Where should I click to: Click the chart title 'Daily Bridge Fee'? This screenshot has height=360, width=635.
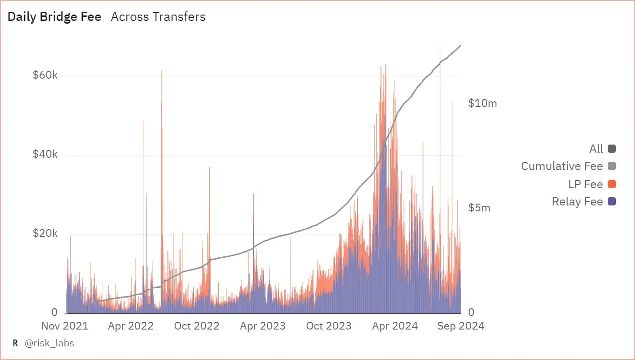(x=55, y=17)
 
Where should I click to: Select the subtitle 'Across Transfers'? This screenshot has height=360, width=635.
(x=158, y=17)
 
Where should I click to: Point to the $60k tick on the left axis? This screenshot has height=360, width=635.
(x=45, y=75)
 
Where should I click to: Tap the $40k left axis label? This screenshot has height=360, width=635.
(x=45, y=155)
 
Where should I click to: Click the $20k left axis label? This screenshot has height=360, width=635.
(x=45, y=234)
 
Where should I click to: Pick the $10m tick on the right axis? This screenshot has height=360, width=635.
(x=483, y=103)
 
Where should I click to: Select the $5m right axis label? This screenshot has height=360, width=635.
(x=479, y=208)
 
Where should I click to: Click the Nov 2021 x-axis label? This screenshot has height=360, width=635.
(x=65, y=326)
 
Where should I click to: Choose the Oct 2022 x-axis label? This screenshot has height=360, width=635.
(x=197, y=326)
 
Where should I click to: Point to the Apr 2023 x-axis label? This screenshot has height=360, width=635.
(x=262, y=326)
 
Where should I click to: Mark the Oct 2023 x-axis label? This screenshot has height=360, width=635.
(x=328, y=326)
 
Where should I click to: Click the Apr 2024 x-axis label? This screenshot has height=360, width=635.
(x=395, y=326)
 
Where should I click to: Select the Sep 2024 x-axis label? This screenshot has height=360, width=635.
(x=461, y=326)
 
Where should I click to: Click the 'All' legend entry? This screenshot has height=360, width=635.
(x=596, y=149)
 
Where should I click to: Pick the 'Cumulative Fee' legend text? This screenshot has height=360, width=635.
(x=562, y=166)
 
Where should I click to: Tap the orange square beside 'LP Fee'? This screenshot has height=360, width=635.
(x=612, y=184)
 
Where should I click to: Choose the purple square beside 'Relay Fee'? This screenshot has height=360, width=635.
(x=612, y=201)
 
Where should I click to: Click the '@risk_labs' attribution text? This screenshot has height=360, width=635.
(x=49, y=343)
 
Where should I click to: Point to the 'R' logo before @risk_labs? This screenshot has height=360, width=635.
(x=15, y=343)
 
